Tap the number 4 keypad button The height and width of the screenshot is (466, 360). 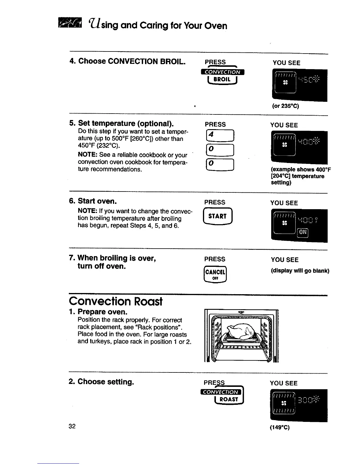pyautogui.click(x=220, y=136)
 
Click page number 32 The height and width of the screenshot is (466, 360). pyautogui.click(x=72, y=426)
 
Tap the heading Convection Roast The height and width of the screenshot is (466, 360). pyautogui.click(x=116, y=301)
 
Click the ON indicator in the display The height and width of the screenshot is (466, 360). pyautogui.click(x=303, y=233)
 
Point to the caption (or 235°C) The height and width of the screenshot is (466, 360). pyautogui.click(x=286, y=106)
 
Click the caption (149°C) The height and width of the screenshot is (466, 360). pyautogui.click(x=280, y=427)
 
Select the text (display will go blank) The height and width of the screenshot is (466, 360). pyautogui.click(x=300, y=271)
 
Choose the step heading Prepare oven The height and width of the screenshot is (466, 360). pyautogui.click(x=102, y=312)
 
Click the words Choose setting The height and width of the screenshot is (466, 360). pyautogui.click(x=106, y=382)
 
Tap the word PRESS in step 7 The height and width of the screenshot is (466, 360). pyautogui.click(x=215, y=259)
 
